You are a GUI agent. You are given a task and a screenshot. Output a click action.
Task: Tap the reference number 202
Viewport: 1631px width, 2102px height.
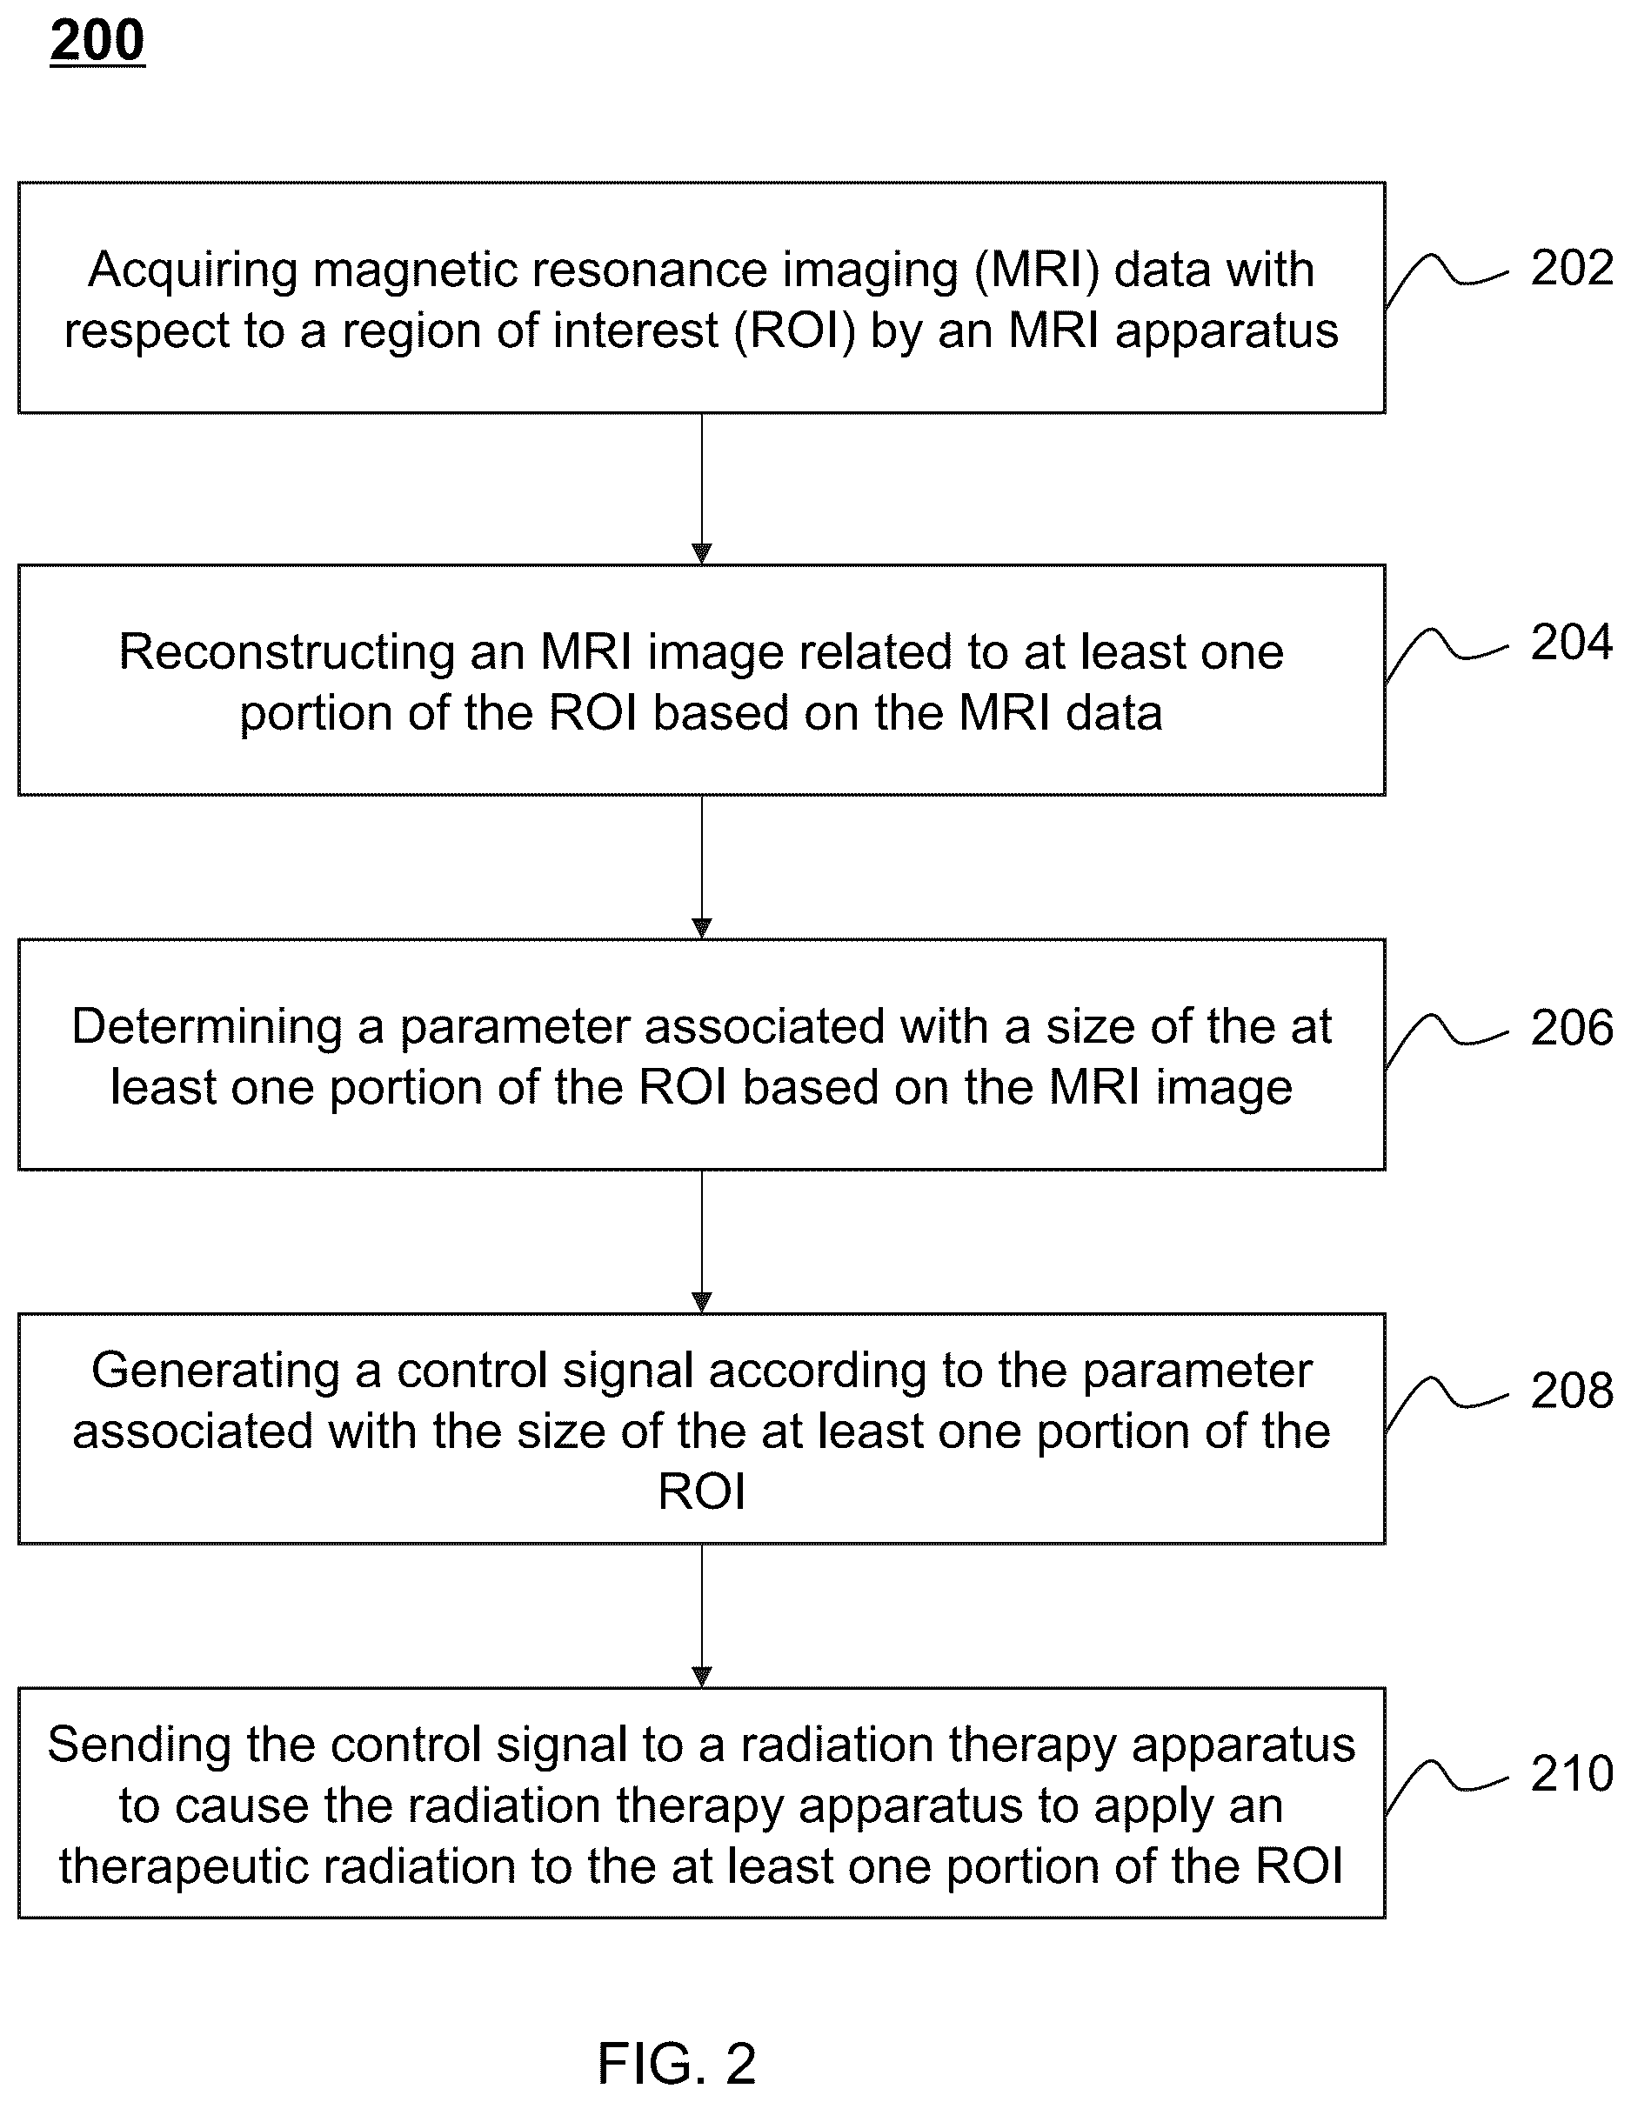pos(1571,268)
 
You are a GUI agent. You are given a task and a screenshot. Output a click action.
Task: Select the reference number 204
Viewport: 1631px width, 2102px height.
pos(1571,642)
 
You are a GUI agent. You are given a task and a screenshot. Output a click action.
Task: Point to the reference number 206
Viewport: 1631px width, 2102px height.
pos(1571,1027)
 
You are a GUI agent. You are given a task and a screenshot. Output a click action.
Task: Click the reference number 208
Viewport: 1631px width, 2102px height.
pos(1571,1391)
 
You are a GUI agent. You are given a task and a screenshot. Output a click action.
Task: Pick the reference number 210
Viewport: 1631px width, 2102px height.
pos(1571,1773)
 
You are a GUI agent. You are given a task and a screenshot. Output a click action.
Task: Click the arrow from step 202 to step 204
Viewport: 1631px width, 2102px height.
pos(702,489)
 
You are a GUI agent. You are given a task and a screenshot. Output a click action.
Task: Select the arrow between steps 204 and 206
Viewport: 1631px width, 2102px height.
pos(702,867)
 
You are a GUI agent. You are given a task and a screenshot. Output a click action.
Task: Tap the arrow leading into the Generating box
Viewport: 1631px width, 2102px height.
pos(702,1242)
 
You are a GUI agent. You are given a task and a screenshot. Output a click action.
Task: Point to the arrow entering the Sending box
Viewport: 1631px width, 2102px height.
pos(702,1616)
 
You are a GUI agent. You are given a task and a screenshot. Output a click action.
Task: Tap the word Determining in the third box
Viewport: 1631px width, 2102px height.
pos(207,1028)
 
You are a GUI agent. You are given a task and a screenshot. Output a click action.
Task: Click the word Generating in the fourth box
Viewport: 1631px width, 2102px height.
pos(216,1371)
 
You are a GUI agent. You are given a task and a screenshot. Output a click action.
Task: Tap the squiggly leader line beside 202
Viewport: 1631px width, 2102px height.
pos(1446,279)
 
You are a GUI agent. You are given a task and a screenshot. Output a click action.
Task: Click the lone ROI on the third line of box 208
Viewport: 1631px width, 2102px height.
pos(702,1491)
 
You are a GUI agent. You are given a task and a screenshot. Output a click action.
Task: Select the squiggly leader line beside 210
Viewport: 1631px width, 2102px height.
pos(1446,1785)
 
